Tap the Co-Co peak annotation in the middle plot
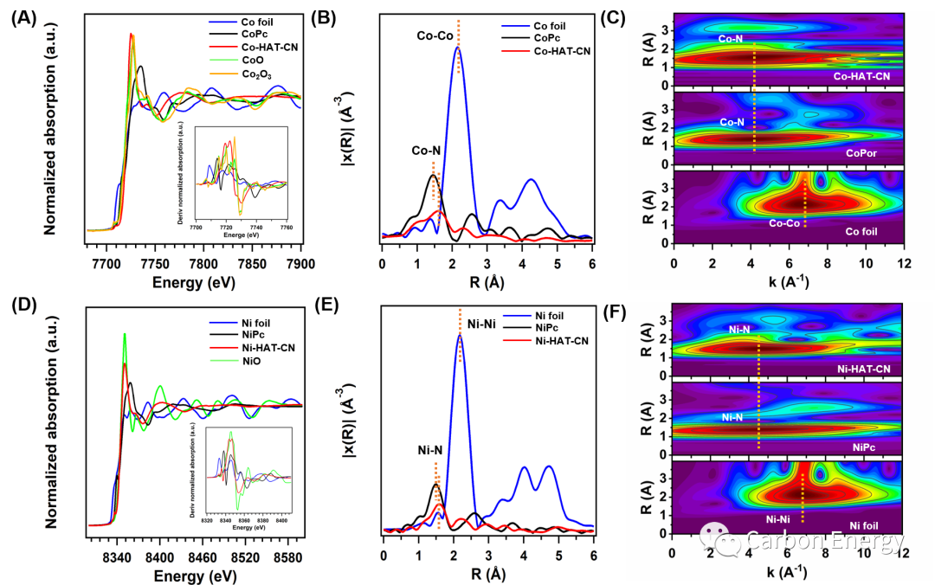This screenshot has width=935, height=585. [x=435, y=36]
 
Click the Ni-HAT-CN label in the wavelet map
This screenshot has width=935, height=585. [x=864, y=369]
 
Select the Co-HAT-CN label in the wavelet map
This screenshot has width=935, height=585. [x=862, y=76]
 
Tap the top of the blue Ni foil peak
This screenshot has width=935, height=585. [x=460, y=335]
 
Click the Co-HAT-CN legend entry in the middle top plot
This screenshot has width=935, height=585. [x=562, y=53]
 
